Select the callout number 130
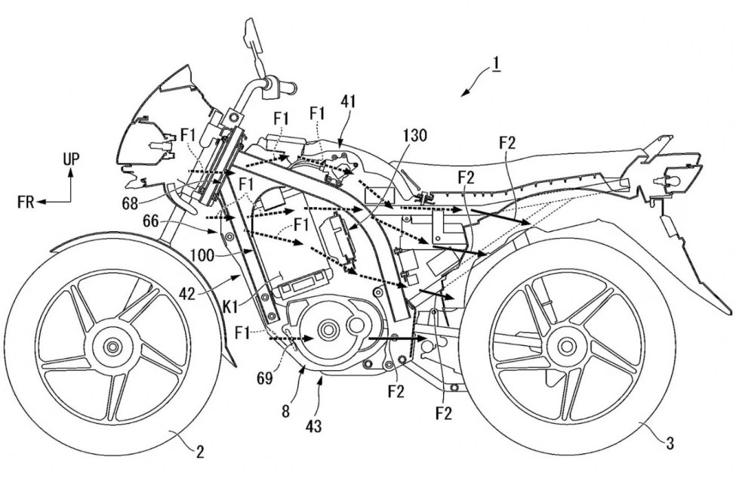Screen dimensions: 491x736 414,136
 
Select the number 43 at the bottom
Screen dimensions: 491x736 314,427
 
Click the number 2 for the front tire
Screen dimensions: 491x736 200,452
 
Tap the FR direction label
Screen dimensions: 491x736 29,202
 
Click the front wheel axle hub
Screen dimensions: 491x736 113,347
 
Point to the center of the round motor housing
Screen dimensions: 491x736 328,329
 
